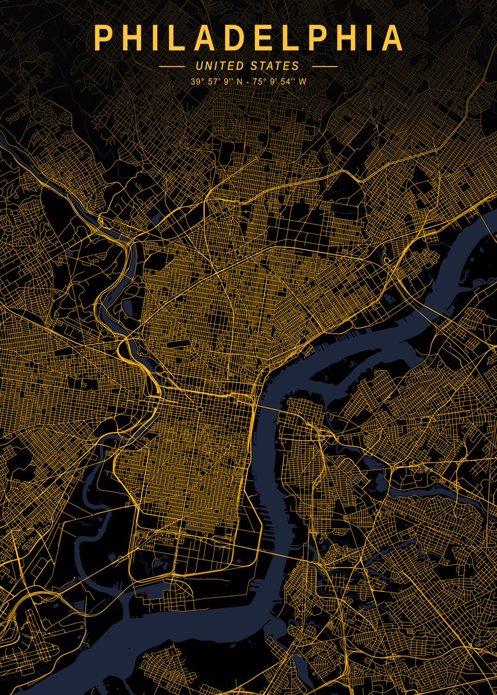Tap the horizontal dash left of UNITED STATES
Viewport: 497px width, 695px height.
point(172,67)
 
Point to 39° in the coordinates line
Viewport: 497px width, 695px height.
point(197,82)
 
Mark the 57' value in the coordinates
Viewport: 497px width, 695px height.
point(213,82)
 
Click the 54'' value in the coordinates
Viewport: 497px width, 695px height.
point(287,82)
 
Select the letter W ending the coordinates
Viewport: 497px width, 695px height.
point(303,82)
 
